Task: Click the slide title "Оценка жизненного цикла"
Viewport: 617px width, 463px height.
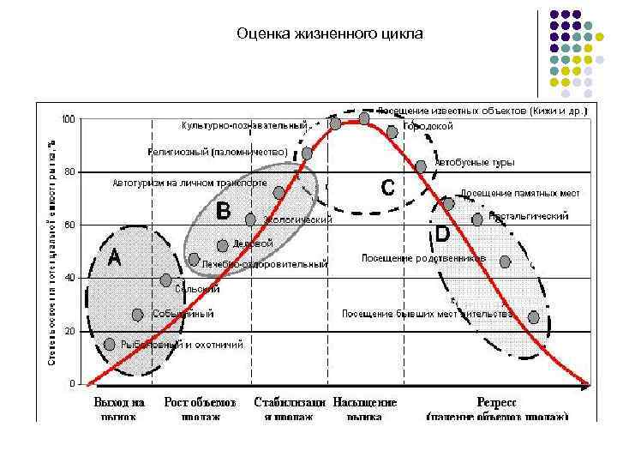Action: click(330, 35)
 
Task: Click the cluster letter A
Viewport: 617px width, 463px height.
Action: click(113, 256)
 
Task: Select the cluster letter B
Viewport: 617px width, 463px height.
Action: click(223, 209)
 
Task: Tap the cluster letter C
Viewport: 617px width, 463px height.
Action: click(387, 187)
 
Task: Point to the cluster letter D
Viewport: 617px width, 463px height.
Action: click(443, 232)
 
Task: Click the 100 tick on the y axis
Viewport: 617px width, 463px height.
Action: click(68, 118)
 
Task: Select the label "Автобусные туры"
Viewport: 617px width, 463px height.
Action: click(474, 161)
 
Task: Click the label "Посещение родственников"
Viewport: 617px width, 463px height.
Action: click(423, 258)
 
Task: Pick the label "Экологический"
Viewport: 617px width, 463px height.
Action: click(297, 220)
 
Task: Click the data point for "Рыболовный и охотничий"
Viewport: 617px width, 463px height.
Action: click(109, 345)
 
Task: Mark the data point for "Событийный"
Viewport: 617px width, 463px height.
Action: click(137, 315)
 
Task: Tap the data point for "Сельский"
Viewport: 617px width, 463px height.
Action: click(166, 280)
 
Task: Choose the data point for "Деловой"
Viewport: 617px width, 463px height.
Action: click(223, 245)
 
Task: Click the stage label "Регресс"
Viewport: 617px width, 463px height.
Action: click(496, 402)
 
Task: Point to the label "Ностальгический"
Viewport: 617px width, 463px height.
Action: click(528, 217)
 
